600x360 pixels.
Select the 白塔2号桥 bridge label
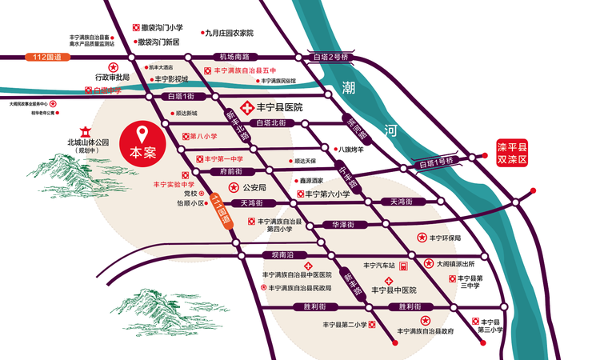click(x=331, y=58)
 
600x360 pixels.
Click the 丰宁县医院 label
click(x=279, y=106)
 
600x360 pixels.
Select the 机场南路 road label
click(x=235, y=57)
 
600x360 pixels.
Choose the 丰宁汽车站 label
click(x=380, y=265)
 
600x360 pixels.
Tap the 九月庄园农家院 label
click(x=230, y=34)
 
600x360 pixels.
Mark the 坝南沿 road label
click(x=283, y=254)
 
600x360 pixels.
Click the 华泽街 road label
click(x=346, y=226)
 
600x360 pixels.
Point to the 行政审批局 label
click(x=111, y=78)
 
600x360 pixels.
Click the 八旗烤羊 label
click(x=350, y=149)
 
